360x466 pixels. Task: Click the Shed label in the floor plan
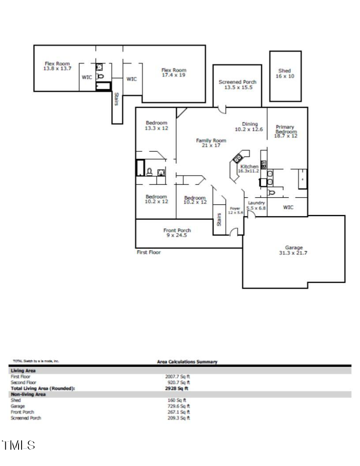285,71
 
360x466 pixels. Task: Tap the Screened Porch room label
237,82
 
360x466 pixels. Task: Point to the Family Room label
211,141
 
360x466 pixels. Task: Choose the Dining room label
250,124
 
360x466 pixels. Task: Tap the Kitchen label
250,166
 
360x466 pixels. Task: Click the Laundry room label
256,203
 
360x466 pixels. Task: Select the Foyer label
235,208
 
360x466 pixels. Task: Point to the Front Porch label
177,230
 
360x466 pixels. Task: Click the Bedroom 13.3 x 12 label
156,123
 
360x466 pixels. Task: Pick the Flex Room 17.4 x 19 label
174,70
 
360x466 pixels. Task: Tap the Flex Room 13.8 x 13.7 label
57,64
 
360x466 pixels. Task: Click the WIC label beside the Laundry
288,207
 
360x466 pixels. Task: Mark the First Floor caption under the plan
149,252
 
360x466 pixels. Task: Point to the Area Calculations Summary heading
187,362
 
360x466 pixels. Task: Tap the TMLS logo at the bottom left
18,445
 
